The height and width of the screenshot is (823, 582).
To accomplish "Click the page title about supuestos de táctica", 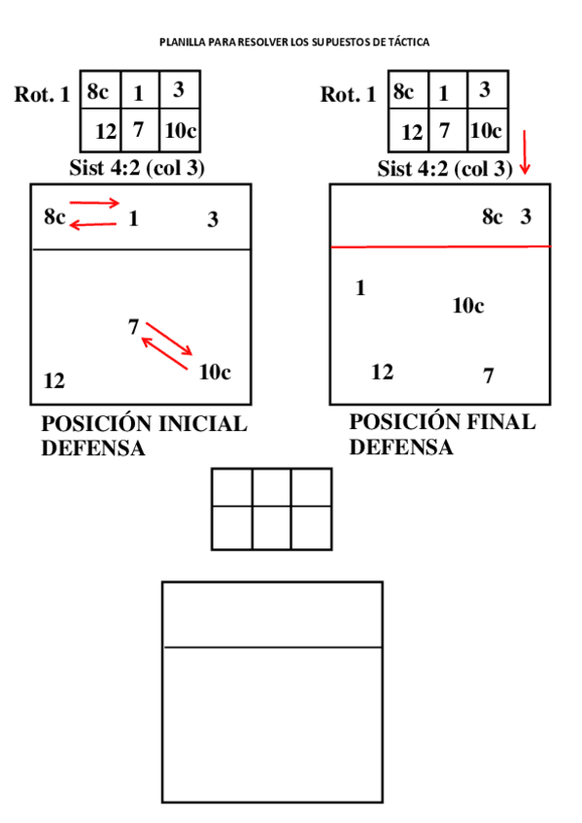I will coord(294,43).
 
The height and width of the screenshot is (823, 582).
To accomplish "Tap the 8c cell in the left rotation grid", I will coord(98,92).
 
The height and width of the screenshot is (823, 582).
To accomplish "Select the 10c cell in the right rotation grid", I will coord(485,129).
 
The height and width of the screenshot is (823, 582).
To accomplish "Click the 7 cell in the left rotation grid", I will coord(138,129).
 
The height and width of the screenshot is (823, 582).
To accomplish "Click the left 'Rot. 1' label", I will coord(42,95).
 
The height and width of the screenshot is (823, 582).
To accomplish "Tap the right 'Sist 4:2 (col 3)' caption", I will coord(445,169).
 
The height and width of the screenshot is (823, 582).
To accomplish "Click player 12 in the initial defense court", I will coord(54,381).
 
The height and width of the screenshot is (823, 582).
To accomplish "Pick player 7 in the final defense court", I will coord(488,376).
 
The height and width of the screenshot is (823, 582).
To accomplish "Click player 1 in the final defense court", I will coord(360,288).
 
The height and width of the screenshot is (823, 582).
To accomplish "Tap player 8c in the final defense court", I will coord(493,216).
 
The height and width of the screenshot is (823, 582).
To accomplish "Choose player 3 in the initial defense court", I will coord(213,219).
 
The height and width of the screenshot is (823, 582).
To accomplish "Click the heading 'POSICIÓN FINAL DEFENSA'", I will coord(442,435).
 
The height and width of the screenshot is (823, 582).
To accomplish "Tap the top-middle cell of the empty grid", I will coord(271,487).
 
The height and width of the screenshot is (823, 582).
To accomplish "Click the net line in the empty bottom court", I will coord(271,646).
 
